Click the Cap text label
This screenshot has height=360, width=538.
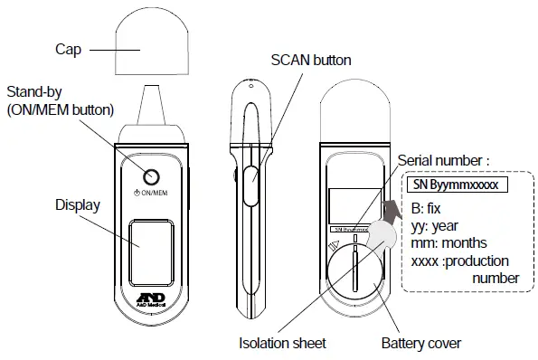[x=68, y=51]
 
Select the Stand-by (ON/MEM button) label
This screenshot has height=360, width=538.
[x=60, y=101]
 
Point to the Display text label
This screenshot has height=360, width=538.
[x=77, y=204]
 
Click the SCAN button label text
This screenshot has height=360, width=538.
[x=311, y=61]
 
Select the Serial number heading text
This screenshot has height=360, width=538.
[x=443, y=160]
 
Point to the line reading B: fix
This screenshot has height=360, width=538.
[x=430, y=207]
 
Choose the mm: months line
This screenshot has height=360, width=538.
[x=448, y=242]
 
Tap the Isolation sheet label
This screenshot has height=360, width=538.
[x=282, y=343]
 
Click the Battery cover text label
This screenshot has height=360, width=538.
[x=420, y=343]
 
